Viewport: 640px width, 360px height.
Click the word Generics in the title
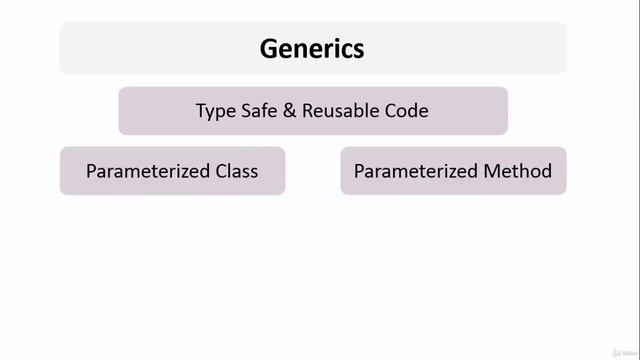pos(312,48)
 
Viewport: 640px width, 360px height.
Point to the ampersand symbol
pos(290,111)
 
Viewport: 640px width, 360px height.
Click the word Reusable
pos(341,111)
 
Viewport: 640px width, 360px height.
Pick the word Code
pos(407,111)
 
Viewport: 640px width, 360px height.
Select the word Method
pos(518,171)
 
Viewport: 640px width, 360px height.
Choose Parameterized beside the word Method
pos(415,171)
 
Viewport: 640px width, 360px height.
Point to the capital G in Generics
pos(268,48)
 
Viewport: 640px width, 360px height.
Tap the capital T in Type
pos(201,111)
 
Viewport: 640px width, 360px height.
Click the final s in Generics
pos(359,49)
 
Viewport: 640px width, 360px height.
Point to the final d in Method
pos(546,171)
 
